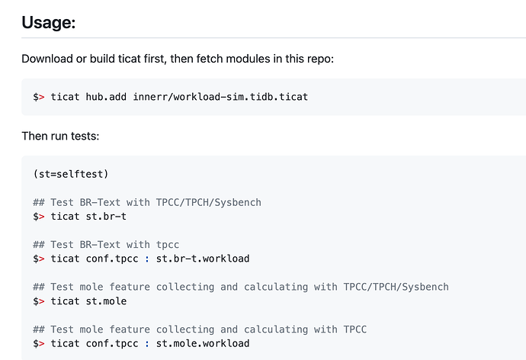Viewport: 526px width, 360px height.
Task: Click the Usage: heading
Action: point(49,22)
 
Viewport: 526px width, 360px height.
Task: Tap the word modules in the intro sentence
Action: point(248,59)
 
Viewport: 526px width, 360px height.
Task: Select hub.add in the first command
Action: point(106,97)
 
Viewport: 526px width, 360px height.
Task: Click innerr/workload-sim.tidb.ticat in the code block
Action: point(220,97)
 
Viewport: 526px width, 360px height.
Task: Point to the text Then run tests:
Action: point(60,136)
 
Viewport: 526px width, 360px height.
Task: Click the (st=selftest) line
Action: point(71,174)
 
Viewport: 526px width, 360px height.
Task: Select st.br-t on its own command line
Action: point(106,217)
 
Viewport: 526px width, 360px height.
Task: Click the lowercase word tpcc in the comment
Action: point(168,245)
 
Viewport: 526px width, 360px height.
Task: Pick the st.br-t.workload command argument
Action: point(203,259)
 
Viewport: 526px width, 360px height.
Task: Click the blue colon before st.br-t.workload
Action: point(147,259)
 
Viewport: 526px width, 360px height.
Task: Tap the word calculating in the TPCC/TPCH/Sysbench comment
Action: point(276,288)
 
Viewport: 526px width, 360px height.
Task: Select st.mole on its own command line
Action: point(106,301)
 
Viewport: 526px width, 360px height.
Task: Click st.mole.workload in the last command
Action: point(203,343)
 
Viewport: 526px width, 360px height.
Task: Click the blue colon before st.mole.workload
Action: point(147,344)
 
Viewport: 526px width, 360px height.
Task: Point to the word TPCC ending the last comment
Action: point(355,329)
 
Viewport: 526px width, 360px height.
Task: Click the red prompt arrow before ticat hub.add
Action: point(42,98)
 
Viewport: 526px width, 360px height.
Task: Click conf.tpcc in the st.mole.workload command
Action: point(112,343)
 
